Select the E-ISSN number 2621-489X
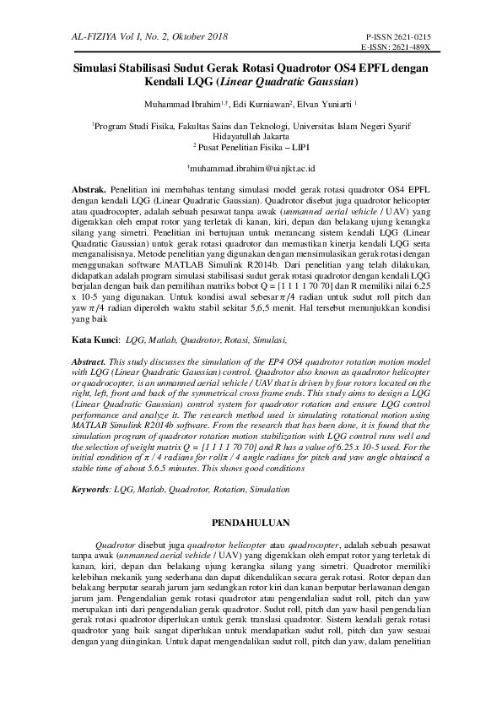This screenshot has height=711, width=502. (407, 48)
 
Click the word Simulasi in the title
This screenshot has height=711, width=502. (99, 70)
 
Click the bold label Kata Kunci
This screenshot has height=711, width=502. (93, 339)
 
